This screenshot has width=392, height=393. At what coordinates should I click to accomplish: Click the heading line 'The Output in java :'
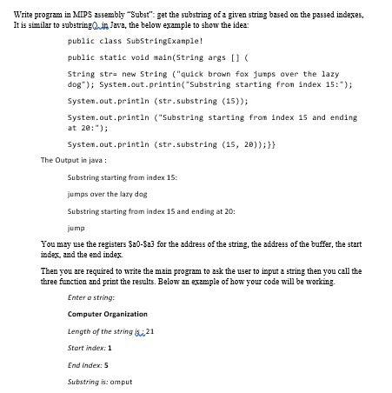(x=74, y=160)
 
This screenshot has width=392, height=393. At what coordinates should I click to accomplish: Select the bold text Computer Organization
(x=108, y=314)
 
